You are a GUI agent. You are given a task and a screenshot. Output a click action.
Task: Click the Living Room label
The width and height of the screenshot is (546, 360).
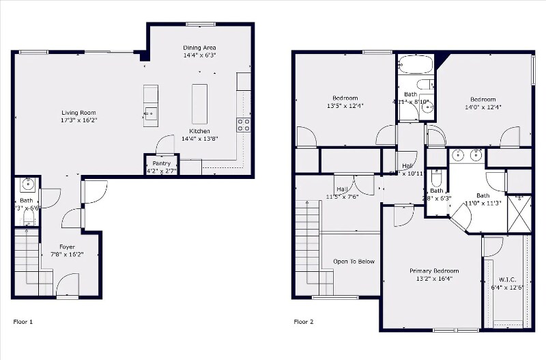click(x=78, y=113)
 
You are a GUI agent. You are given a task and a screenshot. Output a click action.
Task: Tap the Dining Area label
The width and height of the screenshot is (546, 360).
click(x=200, y=47)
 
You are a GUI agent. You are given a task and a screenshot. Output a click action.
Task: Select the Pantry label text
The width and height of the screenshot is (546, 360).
click(x=161, y=163)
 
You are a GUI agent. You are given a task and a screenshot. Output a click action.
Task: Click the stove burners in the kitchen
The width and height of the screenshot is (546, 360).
click(x=243, y=124)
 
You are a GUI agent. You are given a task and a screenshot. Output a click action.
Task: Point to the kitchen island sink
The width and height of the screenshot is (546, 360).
click(x=150, y=113)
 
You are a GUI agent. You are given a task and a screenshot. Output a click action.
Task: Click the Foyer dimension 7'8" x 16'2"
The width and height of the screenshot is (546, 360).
click(x=67, y=255)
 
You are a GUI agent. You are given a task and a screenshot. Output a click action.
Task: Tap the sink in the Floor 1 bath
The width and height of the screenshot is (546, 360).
click(x=27, y=184)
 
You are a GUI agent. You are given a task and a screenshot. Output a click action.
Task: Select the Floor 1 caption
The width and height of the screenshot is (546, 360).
click(x=23, y=321)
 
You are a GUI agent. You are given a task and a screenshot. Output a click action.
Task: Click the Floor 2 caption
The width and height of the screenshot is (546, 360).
click(x=303, y=321)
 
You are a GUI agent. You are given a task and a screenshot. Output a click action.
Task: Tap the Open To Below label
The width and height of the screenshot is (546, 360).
click(x=353, y=262)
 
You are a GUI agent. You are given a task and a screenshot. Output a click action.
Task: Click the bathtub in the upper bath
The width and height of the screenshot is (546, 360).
click(x=415, y=66)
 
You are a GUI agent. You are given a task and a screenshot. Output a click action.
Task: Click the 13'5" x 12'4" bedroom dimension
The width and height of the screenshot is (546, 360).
click(x=345, y=106)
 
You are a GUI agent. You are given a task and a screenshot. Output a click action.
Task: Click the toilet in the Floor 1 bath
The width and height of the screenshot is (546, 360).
click(x=28, y=217)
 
